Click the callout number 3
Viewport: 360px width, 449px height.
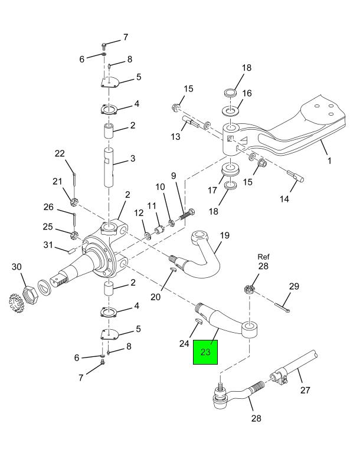[133, 159]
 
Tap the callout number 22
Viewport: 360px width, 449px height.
[60, 154]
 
